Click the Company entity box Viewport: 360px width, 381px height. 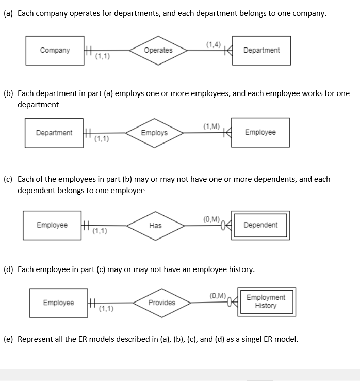tap(55, 51)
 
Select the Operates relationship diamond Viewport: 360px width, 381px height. tap(158, 50)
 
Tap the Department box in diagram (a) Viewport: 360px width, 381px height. tap(261, 51)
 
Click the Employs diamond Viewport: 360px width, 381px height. tap(154, 133)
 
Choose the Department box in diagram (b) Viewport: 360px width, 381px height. tap(54, 133)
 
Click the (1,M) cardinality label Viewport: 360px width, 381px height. tap(211, 126)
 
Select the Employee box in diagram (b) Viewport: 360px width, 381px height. tap(260, 132)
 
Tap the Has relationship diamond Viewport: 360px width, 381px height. tap(155, 225)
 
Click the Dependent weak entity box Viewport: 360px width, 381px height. tap(260, 225)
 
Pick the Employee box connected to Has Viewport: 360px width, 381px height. tap(52, 225)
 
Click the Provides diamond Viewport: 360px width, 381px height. tap(161, 303)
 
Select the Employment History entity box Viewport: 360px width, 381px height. tap(266, 301)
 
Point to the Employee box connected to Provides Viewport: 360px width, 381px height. tap(58, 303)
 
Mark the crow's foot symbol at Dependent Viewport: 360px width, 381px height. tap(226, 225)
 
